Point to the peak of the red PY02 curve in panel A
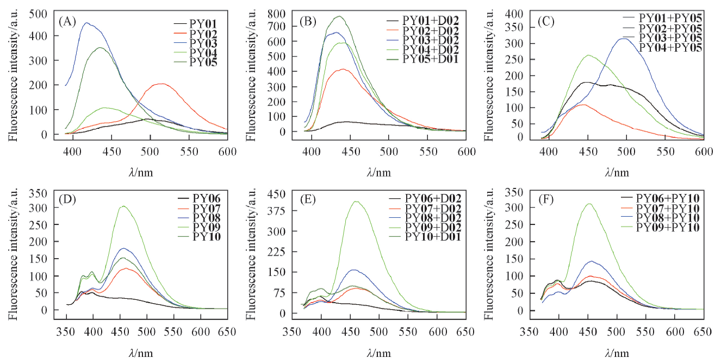pyautogui.click(x=161, y=84)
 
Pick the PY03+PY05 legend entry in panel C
pyautogui.click(x=673, y=38)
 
